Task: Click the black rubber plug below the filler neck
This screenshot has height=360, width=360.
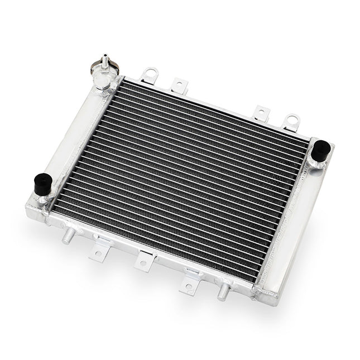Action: click(42, 184)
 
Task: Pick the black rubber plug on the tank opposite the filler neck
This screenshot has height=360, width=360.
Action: click(320, 151)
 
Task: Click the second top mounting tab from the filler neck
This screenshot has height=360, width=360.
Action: click(180, 85)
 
